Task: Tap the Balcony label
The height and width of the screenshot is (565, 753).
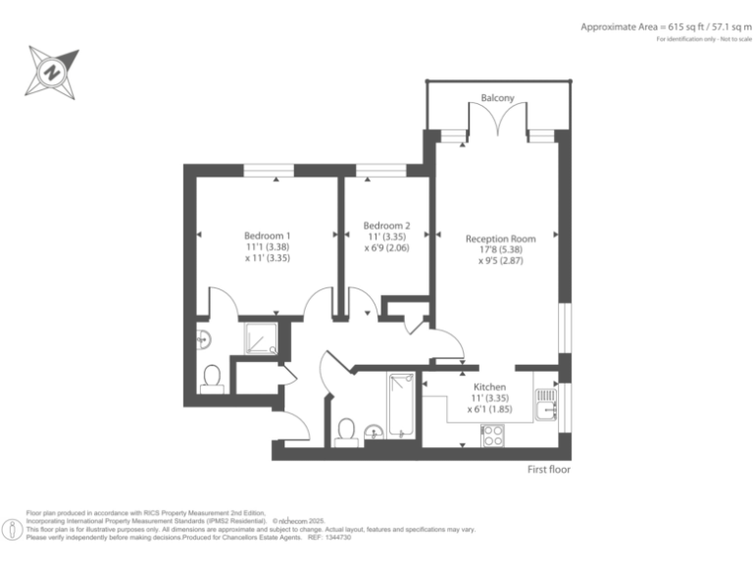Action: [x=498, y=98]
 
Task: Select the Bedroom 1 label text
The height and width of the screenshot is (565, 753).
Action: [x=267, y=235]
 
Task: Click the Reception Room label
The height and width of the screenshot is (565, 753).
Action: [x=500, y=238]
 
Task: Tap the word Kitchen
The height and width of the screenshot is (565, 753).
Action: [x=489, y=387]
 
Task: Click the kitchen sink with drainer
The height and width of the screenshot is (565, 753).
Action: [x=545, y=402]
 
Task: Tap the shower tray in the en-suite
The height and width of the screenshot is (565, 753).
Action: [x=261, y=338]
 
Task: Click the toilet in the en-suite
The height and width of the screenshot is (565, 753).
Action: [x=211, y=379]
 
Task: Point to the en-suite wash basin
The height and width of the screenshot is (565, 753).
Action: [x=204, y=339]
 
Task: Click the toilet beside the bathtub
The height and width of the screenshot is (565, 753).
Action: [x=345, y=431]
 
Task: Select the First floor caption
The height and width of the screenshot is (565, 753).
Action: [x=549, y=470]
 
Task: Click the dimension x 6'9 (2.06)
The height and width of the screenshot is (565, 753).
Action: [x=386, y=248]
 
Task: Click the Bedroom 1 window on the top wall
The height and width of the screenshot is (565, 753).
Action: [x=269, y=171]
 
